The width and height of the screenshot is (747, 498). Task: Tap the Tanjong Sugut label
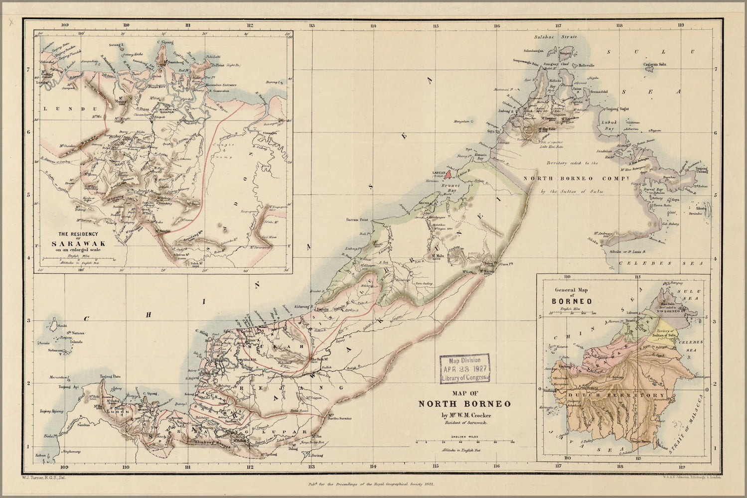617,109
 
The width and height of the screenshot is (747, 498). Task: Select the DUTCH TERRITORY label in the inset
615,395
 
